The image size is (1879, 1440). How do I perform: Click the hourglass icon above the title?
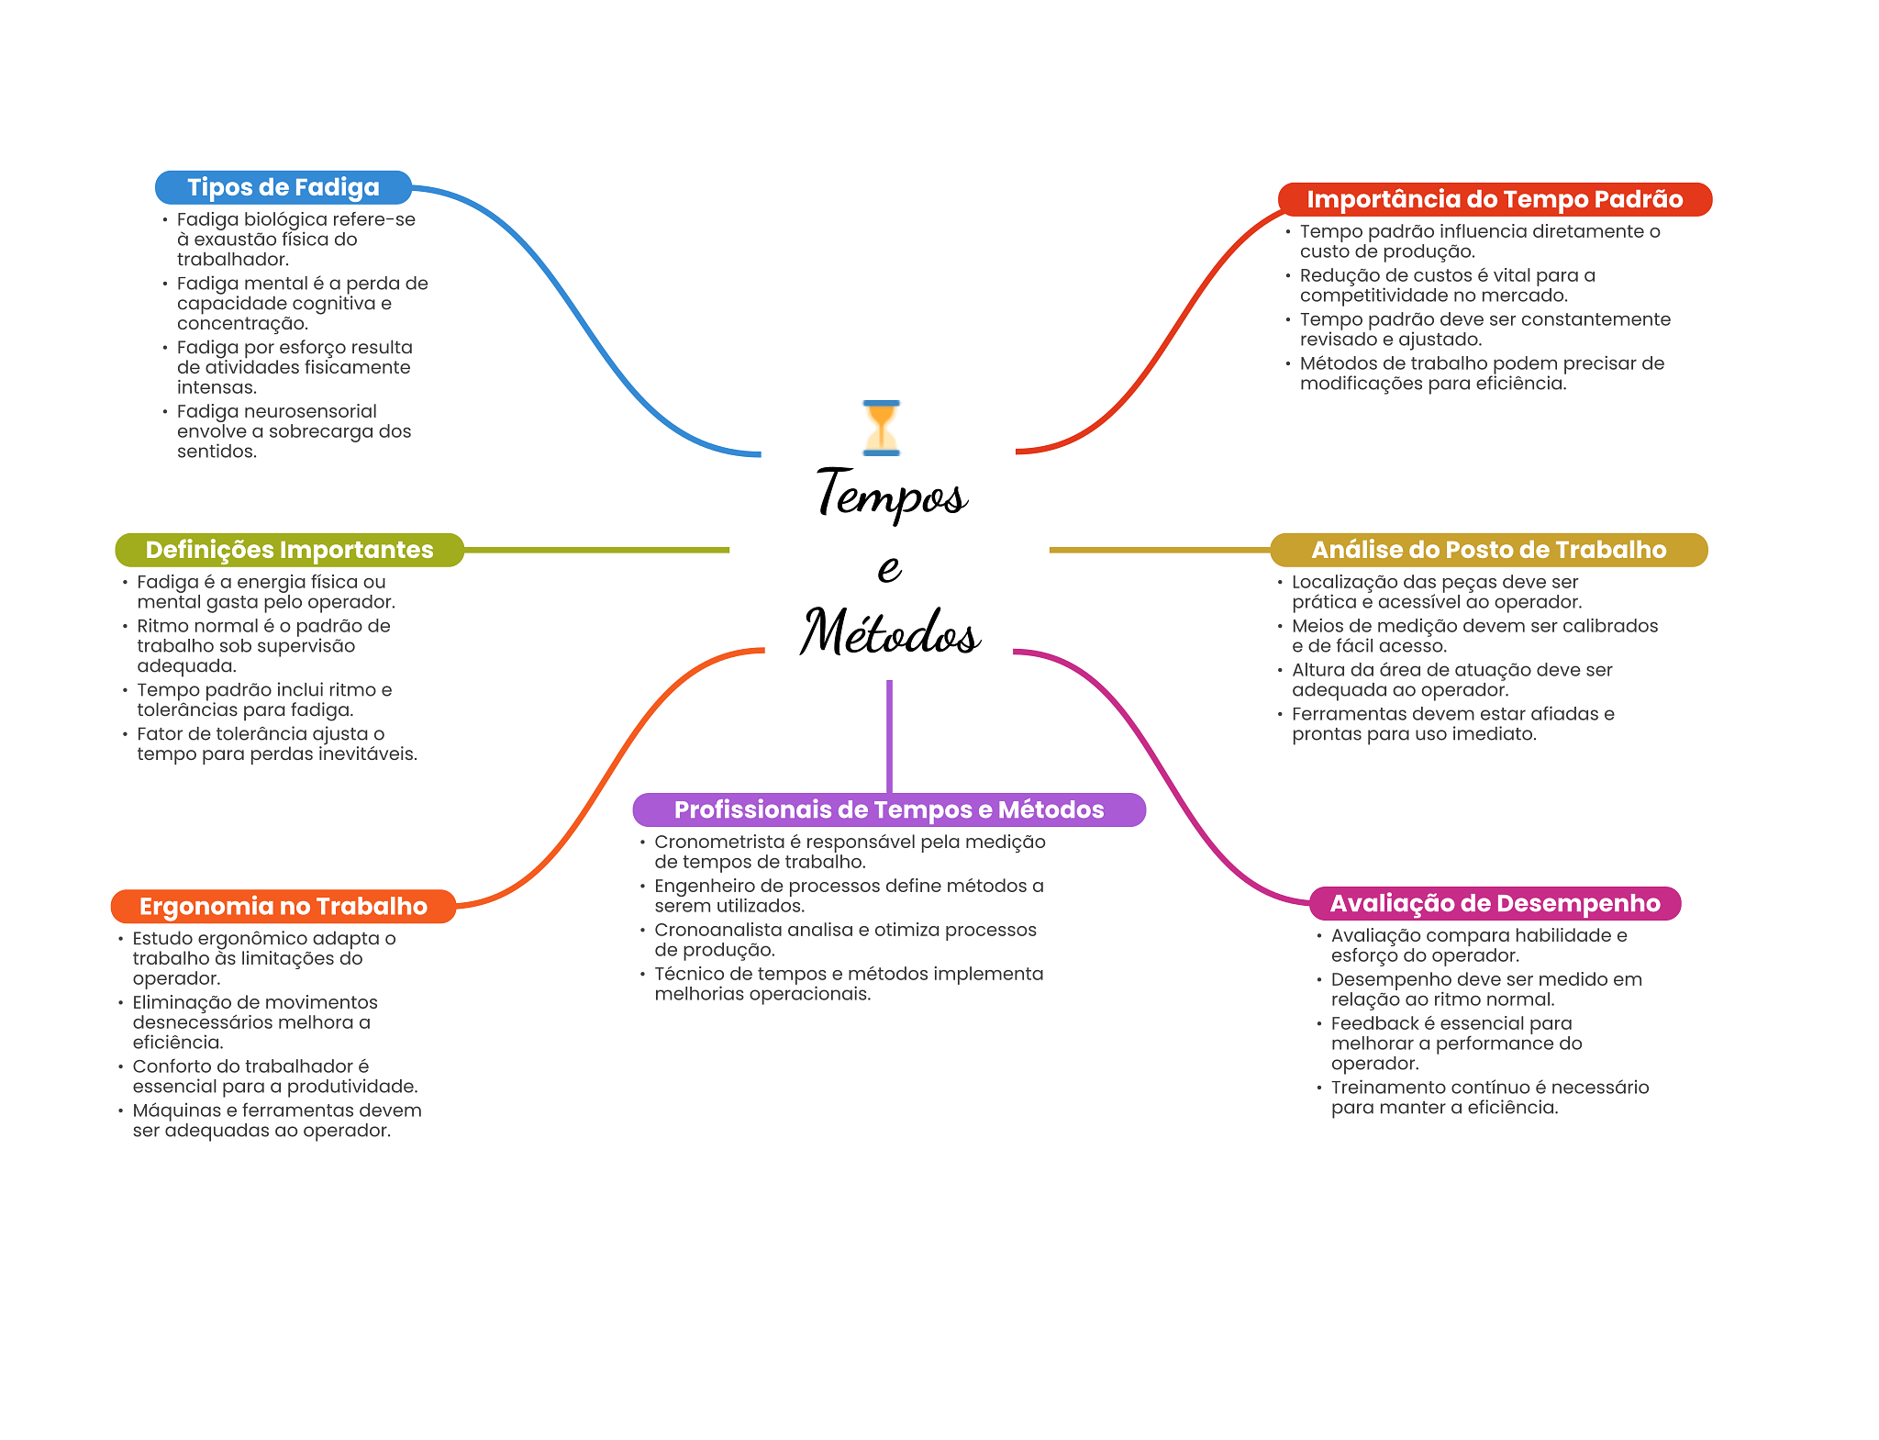(x=882, y=428)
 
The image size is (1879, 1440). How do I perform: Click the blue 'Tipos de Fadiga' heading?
(x=283, y=187)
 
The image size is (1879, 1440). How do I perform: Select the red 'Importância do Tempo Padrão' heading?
(x=1495, y=199)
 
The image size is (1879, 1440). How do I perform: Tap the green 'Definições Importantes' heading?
(x=289, y=550)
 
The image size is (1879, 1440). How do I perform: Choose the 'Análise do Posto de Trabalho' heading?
(x=1488, y=550)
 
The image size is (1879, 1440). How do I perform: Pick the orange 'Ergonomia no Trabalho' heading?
(x=283, y=906)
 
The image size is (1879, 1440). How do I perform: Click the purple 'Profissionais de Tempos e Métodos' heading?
(x=888, y=809)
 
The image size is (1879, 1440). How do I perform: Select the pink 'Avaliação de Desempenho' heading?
(x=1495, y=903)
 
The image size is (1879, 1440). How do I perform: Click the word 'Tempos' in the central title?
(x=891, y=495)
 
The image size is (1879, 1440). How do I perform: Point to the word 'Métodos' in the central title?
(x=890, y=632)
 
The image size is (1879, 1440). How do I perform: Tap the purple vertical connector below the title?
(x=889, y=734)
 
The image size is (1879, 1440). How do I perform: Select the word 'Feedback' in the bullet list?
(x=1374, y=1023)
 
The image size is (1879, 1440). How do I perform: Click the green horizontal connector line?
(x=596, y=550)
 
